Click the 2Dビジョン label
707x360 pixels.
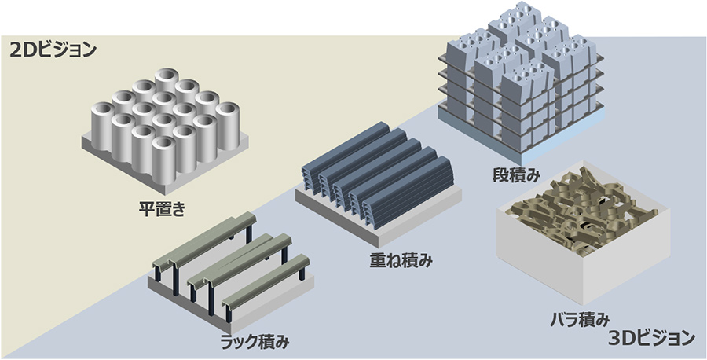coord(53,50)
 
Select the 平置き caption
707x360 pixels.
coord(161,209)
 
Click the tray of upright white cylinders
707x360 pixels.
coord(165,122)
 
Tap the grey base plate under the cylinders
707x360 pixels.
coord(118,158)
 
